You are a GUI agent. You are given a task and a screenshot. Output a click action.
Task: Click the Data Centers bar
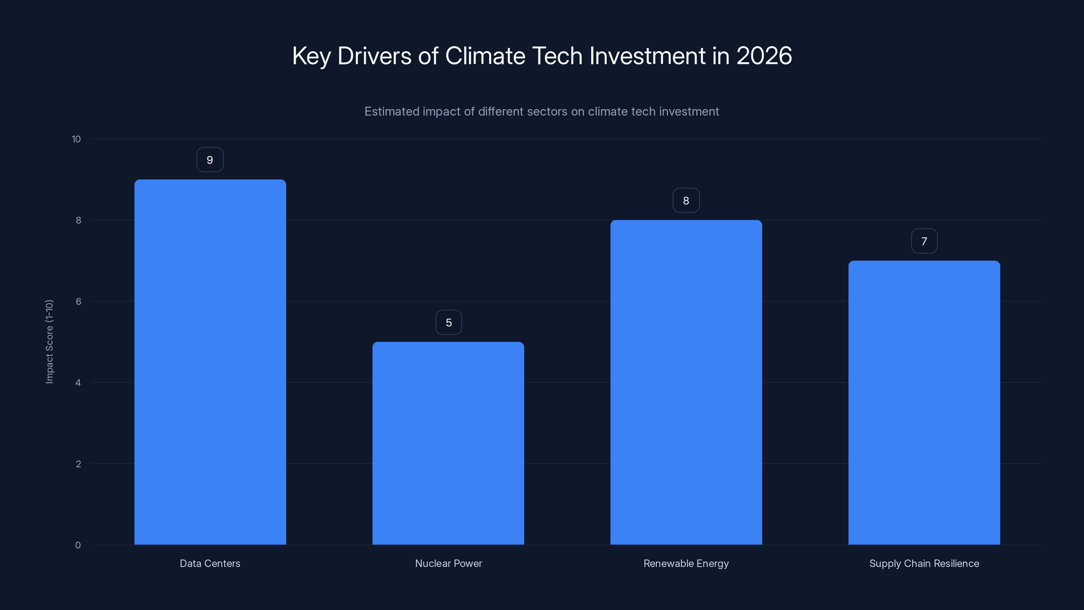point(210,362)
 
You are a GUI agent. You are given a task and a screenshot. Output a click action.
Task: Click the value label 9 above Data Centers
point(210,160)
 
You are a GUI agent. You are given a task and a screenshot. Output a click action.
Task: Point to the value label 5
point(449,323)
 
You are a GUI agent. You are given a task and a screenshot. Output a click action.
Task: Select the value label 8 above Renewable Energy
point(686,201)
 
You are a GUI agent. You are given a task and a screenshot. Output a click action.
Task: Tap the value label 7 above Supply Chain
point(924,241)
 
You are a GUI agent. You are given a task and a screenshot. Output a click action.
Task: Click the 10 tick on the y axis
point(76,139)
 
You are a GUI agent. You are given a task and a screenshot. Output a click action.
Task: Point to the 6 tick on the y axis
point(78,301)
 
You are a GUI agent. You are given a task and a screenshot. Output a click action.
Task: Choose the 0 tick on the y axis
point(78,545)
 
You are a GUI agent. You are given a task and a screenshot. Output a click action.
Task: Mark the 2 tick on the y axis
point(78,464)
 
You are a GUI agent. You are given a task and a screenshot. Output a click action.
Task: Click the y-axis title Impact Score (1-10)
point(49,342)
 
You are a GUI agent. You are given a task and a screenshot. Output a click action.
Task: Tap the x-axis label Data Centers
point(210,564)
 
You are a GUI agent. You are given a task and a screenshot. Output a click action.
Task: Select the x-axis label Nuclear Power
point(449,564)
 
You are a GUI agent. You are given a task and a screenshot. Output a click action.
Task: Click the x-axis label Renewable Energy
point(686,564)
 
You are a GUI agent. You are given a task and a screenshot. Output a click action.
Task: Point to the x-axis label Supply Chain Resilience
point(924,564)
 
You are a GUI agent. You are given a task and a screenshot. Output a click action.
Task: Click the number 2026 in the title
point(764,56)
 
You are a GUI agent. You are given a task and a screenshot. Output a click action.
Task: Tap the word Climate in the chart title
point(485,56)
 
